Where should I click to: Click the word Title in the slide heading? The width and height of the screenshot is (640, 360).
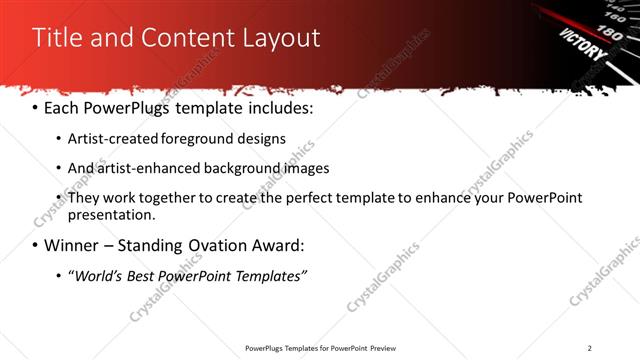[57, 38]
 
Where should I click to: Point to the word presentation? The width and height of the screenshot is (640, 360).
[111, 215]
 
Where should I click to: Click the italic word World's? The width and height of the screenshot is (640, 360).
[99, 276]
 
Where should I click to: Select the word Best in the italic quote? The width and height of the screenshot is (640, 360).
[145, 276]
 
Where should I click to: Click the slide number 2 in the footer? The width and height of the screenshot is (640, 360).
[589, 348]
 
